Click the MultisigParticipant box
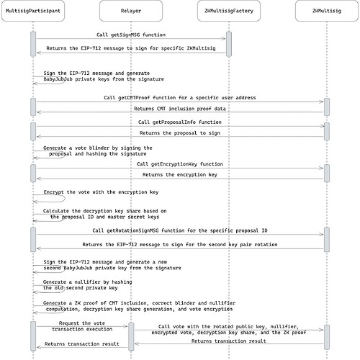click(x=33, y=12)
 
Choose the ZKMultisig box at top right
click(x=326, y=12)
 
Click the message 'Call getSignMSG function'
click(x=130, y=34)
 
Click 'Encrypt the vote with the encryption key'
click(x=101, y=193)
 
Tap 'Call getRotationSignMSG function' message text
click(x=180, y=230)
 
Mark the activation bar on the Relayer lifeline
click(x=129, y=335)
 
